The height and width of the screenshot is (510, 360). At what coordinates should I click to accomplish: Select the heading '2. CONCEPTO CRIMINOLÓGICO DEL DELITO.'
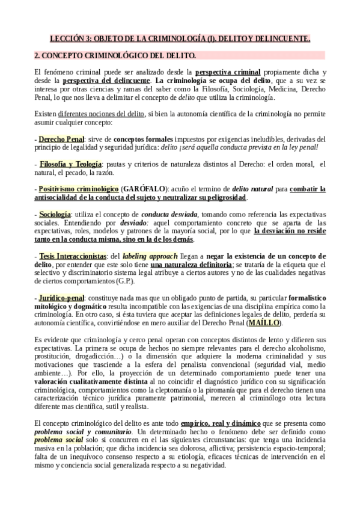coord(115,56)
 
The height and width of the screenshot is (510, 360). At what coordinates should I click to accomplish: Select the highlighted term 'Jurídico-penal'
coord(62,298)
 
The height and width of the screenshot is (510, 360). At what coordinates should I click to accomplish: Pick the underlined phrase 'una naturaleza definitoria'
coord(192,265)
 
